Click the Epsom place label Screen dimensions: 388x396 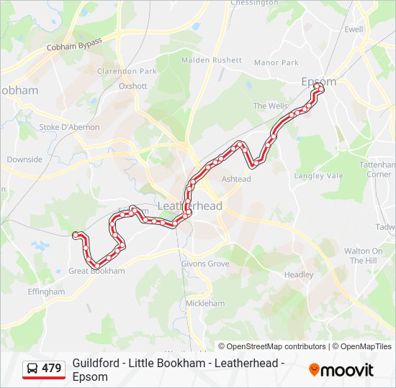coord(318,81)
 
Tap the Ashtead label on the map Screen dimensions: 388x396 coord(236,179)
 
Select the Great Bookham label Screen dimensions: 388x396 coord(96,271)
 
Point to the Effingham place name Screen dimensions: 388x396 coord(46,292)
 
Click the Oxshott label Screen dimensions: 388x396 coord(132,86)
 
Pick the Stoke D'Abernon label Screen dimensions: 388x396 coord(69,127)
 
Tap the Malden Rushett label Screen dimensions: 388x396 coord(212,60)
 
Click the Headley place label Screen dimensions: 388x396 coord(299,274)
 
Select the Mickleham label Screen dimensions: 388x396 coord(204,303)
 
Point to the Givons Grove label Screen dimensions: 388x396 coord(205,264)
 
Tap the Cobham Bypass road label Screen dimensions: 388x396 coord(75,44)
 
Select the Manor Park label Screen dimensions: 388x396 coord(276,63)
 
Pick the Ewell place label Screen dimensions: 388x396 coord(354,29)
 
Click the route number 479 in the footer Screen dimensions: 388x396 coord(52,369)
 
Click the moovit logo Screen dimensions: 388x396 coord(341,370)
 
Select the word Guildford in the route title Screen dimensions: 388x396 coord(95,364)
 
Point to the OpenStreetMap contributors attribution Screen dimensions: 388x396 coord(272,346)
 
